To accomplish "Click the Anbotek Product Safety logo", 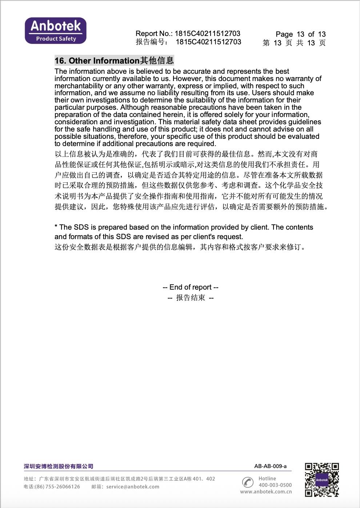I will pos(56,31).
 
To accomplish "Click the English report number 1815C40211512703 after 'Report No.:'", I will pos(207,33).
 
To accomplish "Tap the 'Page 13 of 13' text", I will pos(300,34).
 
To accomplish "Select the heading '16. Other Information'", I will pos(97,61).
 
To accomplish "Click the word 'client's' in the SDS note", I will pos(202,237).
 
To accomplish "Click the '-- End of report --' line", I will pos(191,287).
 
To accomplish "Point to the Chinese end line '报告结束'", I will pos(191,298).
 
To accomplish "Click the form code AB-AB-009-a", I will pos(270,466).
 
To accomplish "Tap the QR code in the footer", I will pos(322,480).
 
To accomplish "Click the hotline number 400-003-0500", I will pos(275,485).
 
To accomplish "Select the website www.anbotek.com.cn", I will pos(266,492).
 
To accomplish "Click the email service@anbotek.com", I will pos(133,487).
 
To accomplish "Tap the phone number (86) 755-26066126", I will pos(57,487).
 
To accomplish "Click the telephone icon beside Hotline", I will pos(248,482).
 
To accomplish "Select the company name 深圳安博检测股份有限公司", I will pos(59,466).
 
